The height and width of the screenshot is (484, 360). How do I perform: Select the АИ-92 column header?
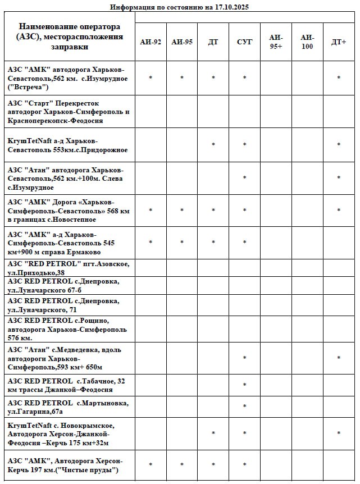pos(151,42)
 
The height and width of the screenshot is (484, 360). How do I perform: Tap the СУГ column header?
pos(244,42)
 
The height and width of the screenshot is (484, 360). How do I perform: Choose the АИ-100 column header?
pos(307,42)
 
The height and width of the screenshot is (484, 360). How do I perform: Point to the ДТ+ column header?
pos(338,42)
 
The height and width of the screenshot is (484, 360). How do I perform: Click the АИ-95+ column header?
pos(276,42)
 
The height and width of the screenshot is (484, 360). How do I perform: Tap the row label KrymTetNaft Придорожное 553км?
pos(67,145)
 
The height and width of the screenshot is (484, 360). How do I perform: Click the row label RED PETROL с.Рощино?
pos(67,329)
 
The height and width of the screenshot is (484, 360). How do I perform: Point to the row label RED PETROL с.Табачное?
pos(66,385)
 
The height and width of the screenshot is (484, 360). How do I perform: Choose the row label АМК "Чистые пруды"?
pos(65,465)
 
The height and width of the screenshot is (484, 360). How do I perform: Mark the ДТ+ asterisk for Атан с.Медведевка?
pos(338,358)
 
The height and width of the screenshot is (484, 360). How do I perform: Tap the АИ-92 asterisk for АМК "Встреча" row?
pos(151,79)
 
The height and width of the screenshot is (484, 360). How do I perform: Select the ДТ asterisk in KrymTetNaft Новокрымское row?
pos(213,433)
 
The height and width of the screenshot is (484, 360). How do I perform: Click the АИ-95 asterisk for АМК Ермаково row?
pos(182,243)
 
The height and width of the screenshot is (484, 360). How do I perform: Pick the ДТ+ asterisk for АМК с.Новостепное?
pos(338,211)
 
